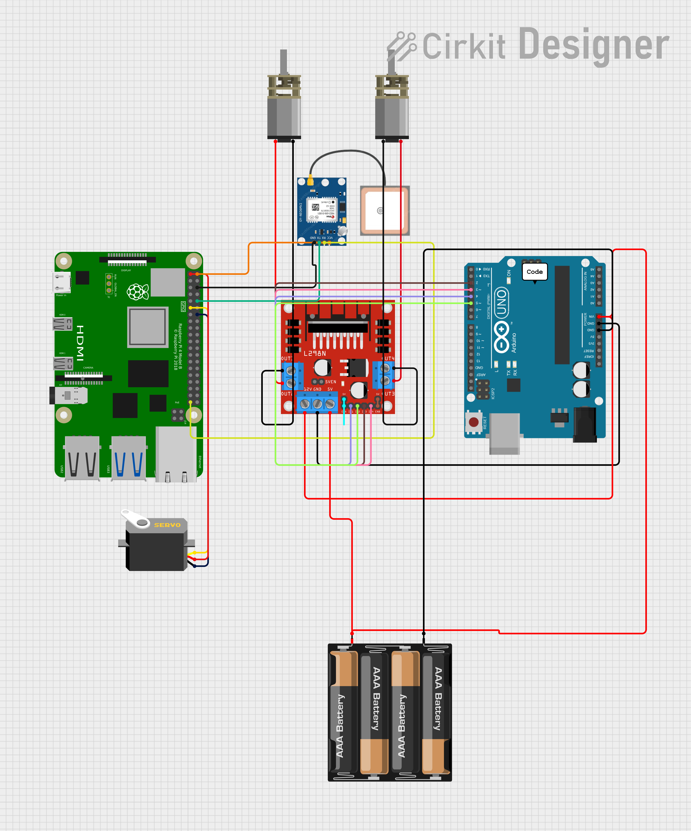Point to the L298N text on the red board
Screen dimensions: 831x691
coord(315,353)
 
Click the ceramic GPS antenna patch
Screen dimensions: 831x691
coord(384,211)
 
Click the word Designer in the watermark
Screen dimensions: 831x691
coord(593,46)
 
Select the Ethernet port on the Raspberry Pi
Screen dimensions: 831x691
coord(176,455)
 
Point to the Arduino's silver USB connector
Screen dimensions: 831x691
coord(504,433)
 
